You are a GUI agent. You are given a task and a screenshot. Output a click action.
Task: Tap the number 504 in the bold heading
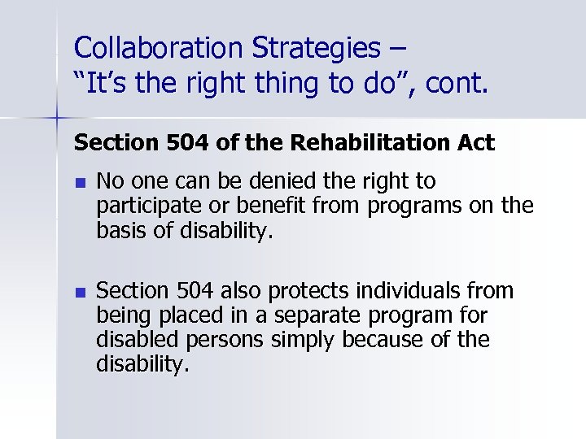point(203,143)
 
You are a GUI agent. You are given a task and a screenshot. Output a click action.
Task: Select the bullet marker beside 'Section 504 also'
point(79,290)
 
